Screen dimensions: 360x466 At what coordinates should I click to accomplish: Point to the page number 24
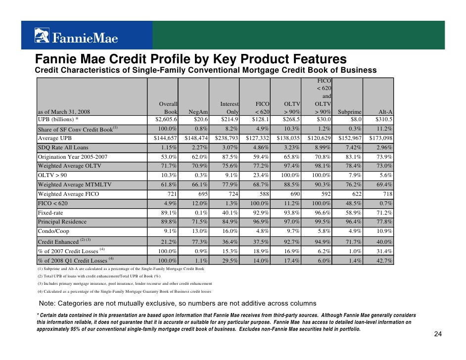pos(437,335)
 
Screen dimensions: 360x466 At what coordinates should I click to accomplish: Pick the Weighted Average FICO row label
pos(68,194)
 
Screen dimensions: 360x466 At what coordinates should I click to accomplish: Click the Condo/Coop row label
pos(53,231)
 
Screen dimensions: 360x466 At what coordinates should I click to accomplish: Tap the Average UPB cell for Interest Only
pos(227,138)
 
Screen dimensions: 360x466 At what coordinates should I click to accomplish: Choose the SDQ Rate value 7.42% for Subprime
pos(352,147)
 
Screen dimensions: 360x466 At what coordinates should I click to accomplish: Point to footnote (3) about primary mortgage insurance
pos(125,284)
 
